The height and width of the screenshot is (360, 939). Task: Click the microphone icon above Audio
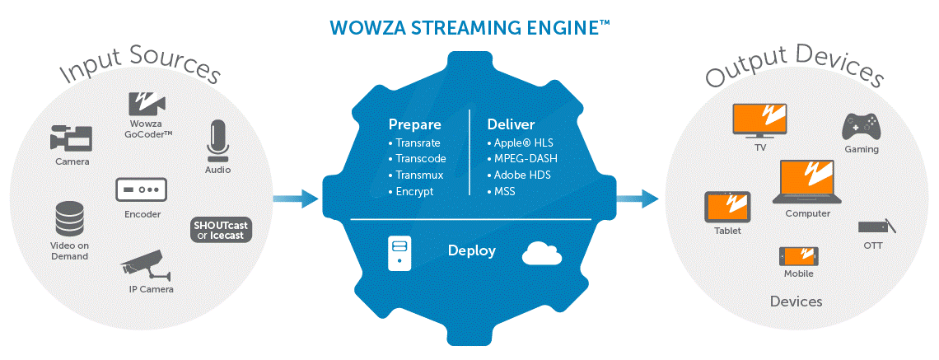218,142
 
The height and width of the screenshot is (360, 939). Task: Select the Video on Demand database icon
69,219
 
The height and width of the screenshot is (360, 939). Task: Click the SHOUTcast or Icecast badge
220,230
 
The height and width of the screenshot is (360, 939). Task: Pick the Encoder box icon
141,189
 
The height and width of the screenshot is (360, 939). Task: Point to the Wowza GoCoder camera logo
147,103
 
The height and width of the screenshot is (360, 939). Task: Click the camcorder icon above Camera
71,138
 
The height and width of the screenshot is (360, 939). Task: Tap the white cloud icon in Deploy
542,254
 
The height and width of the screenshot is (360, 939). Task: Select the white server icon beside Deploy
399,252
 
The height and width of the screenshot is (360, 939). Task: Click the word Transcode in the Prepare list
420,159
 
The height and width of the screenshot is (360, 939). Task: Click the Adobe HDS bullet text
519,175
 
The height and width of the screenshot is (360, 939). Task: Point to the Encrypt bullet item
411,192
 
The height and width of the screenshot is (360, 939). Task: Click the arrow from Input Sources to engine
296,199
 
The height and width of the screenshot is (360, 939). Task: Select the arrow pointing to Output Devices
638,199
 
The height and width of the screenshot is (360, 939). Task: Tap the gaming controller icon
861,126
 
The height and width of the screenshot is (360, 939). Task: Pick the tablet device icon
727,208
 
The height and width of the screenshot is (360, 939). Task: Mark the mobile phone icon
799,256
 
